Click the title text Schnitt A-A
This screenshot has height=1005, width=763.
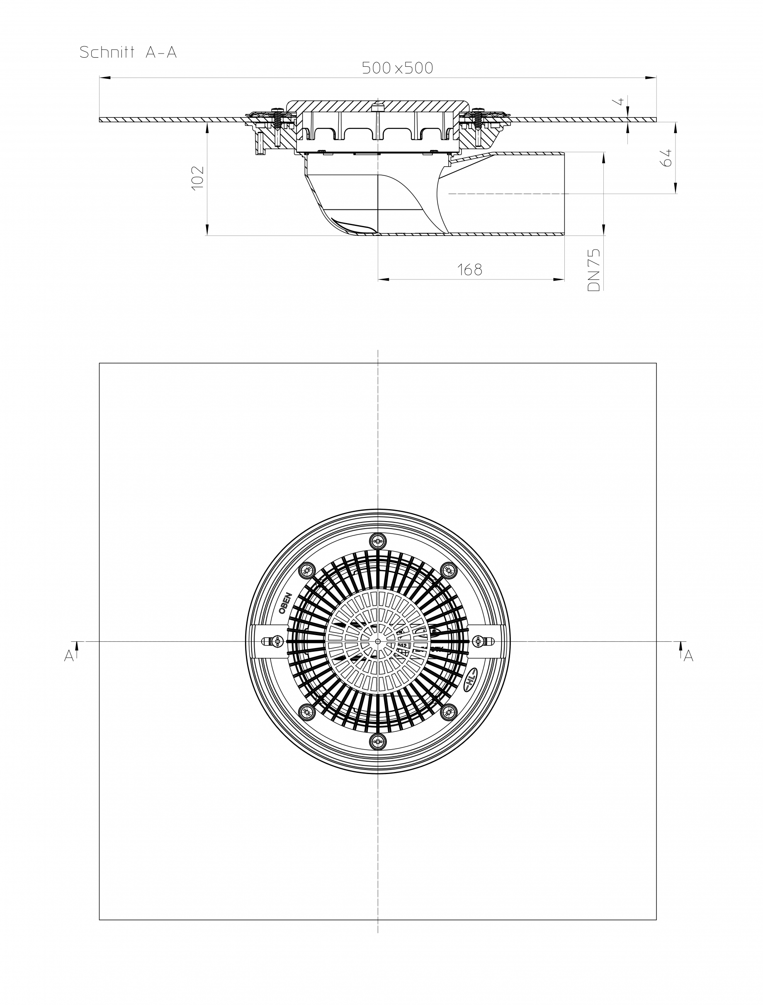pyautogui.click(x=128, y=52)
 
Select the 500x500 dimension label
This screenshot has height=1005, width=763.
pyautogui.click(x=397, y=68)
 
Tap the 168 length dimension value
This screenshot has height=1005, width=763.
pyautogui.click(x=469, y=270)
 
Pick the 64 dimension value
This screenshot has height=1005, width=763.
pyautogui.click(x=667, y=158)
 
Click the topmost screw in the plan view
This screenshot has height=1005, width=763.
pyautogui.click(x=378, y=541)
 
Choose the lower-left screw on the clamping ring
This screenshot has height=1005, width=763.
pyautogui.click(x=307, y=712)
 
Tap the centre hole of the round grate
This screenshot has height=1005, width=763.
pyautogui.click(x=378, y=641)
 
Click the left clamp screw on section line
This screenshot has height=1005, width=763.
pyautogui.click(x=276, y=641)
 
